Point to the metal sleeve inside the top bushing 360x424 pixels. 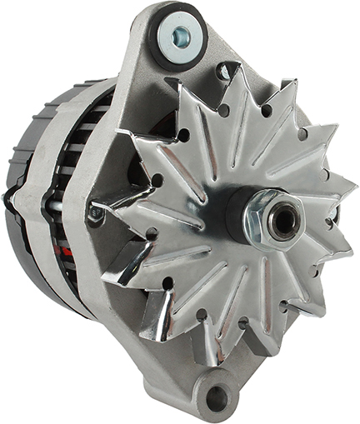click(180, 35)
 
